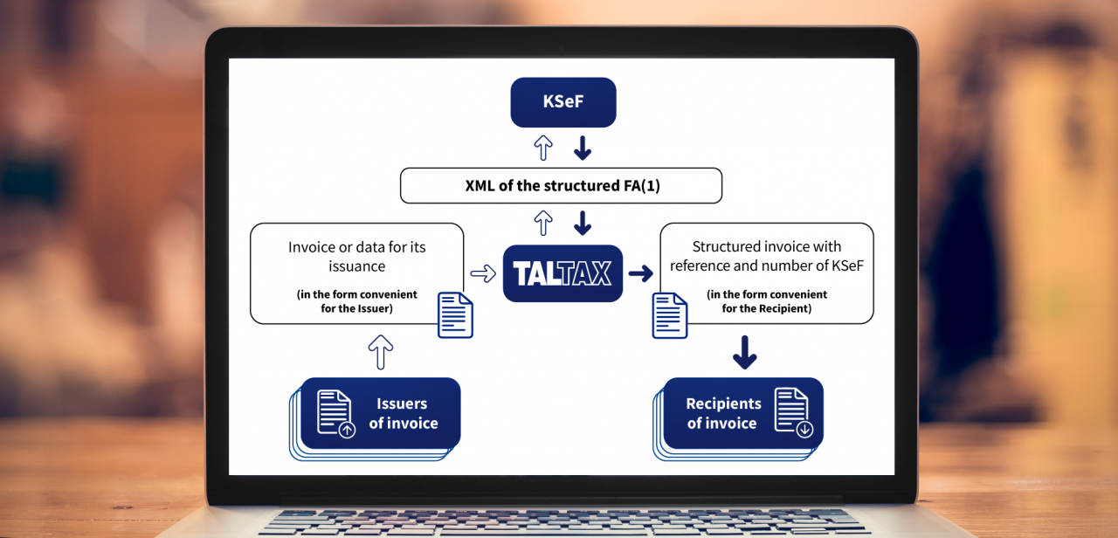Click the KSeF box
click(563, 102)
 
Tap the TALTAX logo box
click(562, 273)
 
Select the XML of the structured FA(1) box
click(561, 186)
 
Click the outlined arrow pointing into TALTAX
click(483, 273)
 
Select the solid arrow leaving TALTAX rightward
click(641, 273)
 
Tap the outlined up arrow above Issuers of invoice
click(380, 352)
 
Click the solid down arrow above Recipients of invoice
click(745, 352)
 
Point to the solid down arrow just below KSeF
click(583, 148)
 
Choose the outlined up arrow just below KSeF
click(543, 148)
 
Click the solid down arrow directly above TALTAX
click(583, 223)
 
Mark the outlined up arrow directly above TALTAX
click(543, 223)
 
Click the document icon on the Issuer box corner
click(455, 315)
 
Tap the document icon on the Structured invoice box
click(670, 315)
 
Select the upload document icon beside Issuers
click(335, 414)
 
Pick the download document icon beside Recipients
click(794, 413)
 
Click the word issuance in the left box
click(357, 266)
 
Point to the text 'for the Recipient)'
click(767, 308)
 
